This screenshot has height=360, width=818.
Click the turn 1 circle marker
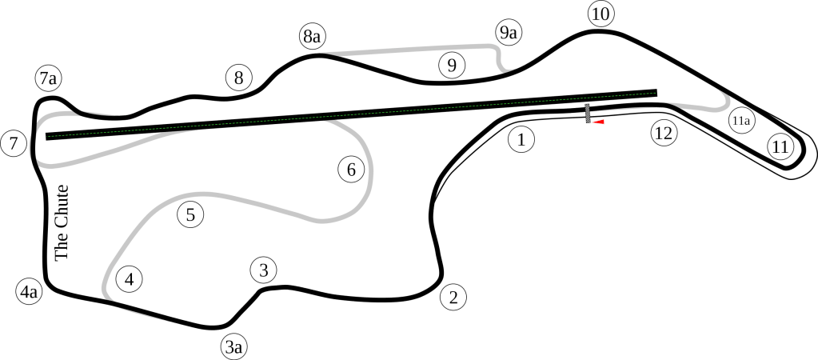(521, 140)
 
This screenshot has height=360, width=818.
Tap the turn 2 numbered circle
(453, 298)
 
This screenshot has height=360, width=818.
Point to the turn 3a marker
(233, 346)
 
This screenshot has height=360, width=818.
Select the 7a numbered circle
(48, 78)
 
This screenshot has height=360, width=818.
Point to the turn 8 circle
(237, 78)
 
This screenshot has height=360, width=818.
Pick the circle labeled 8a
(312, 37)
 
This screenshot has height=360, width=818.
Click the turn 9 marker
(452, 66)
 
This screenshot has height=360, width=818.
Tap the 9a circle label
(509, 33)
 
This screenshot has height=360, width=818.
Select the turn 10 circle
(600, 14)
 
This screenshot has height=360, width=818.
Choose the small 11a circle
(740, 121)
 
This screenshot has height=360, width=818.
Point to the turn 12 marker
(662, 133)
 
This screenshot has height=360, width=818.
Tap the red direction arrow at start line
(598, 122)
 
